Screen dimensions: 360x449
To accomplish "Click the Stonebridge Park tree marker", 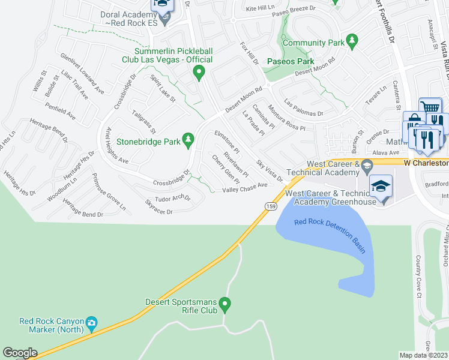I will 188,140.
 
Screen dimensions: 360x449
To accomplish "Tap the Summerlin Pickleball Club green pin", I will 199,73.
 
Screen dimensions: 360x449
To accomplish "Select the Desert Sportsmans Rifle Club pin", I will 225,305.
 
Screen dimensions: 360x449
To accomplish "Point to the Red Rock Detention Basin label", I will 330,236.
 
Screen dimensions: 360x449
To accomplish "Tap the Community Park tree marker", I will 352,41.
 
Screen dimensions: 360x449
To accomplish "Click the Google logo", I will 20,353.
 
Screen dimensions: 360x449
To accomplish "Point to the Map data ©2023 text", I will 423,355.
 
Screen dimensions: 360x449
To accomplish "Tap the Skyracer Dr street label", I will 158,211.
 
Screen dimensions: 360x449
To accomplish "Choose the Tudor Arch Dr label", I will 172,197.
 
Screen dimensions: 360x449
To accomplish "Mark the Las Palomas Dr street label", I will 304,108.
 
